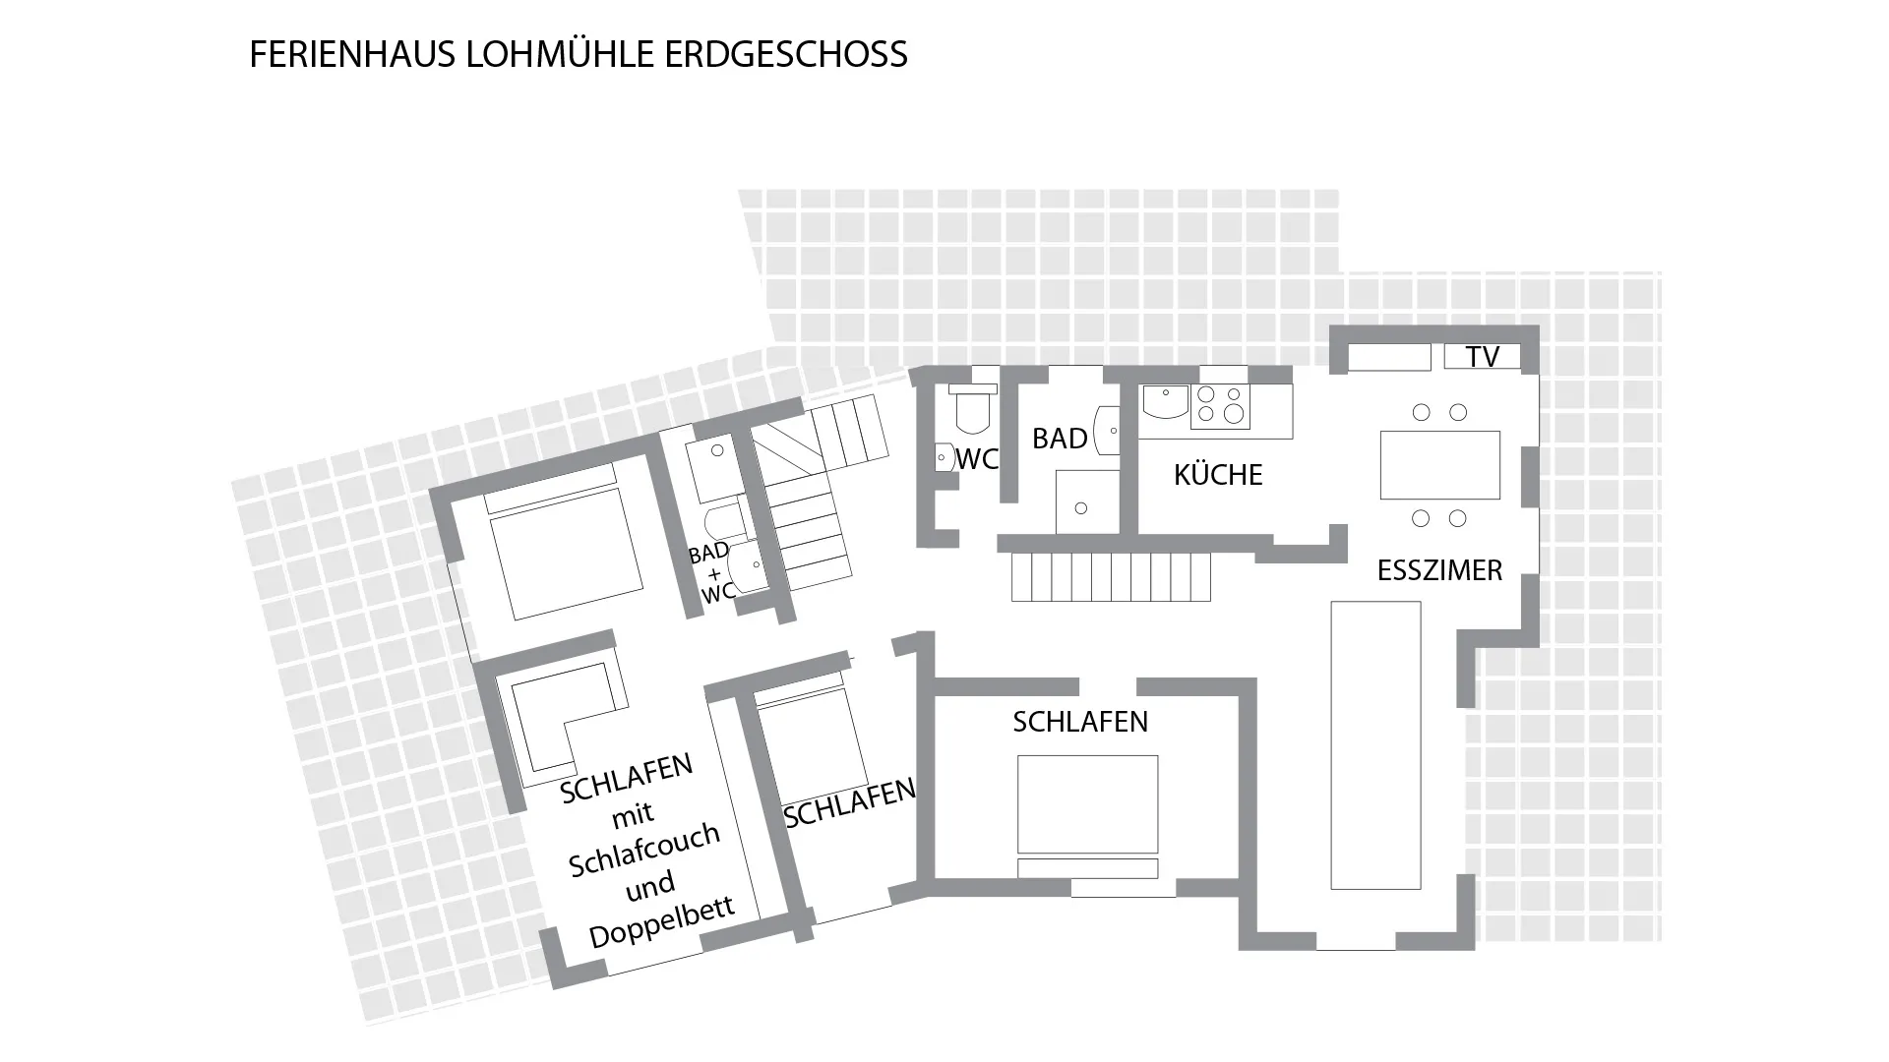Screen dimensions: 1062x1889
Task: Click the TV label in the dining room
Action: [x=1482, y=356]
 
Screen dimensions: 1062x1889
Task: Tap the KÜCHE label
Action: [x=1217, y=475]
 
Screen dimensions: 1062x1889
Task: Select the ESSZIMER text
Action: [x=1439, y=570]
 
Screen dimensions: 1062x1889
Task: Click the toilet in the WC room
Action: [x=972, y=413]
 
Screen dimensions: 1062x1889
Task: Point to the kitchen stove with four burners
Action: [x=1220, y=405]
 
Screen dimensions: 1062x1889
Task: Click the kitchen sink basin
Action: [x=1164, y=401]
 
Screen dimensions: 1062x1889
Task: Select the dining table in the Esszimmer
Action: [x=1439, y=465]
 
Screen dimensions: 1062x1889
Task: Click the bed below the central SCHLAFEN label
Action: [x=1087, y=804]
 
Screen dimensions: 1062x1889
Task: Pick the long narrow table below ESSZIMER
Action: [x=1375, y=744]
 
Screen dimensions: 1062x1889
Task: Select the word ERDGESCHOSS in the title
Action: [x=786, y=54]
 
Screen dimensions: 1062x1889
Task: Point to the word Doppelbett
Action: [x=661, y=922]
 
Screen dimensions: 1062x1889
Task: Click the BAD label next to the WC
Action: [x=1060, y=439]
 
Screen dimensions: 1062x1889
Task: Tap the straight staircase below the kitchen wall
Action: [x=1111, y=576]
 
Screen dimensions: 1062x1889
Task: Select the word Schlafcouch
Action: [x=644, y=850]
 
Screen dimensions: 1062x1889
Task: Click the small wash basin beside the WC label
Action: [x=944, y=458]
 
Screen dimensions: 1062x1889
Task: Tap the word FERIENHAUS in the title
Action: [x=353, y=54]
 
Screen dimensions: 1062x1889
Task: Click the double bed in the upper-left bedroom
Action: [x=567, y=554]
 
